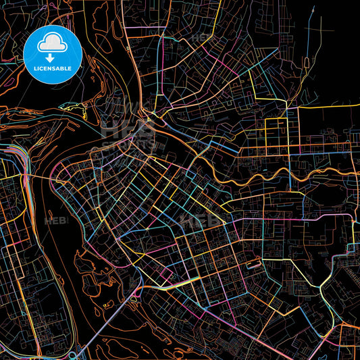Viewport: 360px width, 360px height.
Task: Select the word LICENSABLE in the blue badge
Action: [x=53, y=68]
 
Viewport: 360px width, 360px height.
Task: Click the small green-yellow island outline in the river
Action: [x=71, y=105]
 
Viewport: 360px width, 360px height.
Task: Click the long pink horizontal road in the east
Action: [x=304, y=215]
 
